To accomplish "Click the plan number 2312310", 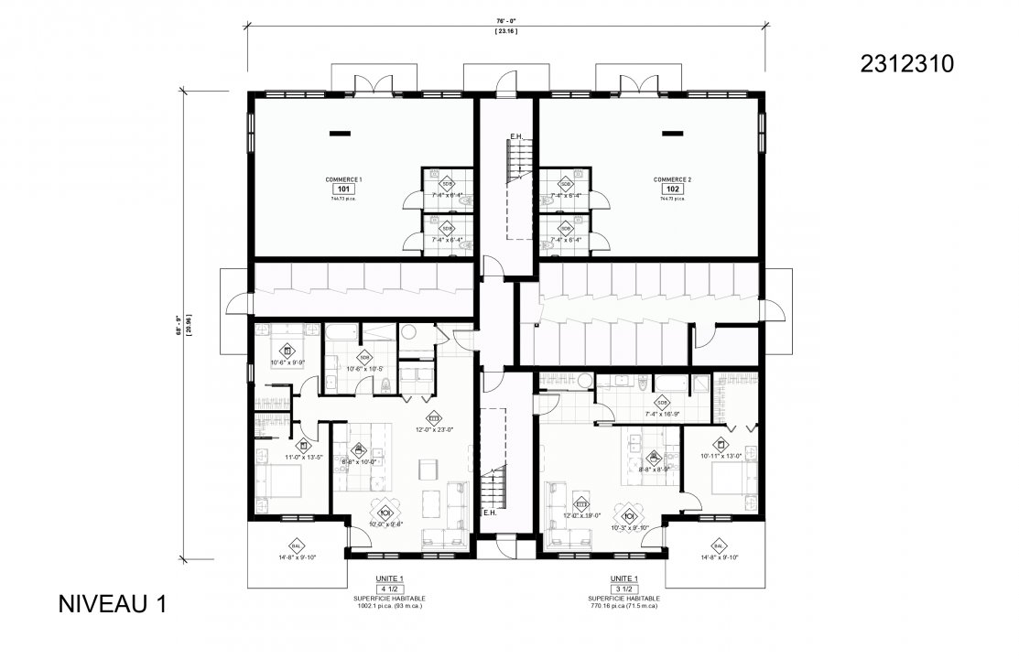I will pos(907,63).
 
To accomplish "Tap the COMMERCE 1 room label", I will pos(343,179).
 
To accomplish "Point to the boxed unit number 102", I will pos(672,189).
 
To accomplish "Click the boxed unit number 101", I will pos(343,189).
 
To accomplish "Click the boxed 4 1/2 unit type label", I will pos(389,589).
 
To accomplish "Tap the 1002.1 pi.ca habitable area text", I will pos(389,606).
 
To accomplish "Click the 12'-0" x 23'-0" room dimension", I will pos(434,429).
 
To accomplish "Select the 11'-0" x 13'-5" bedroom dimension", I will pos(303,457).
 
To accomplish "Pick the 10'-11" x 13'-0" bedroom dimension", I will pos(722,455).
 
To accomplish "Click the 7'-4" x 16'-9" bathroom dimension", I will pos(661,414).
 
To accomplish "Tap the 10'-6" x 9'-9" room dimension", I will pos(286,362).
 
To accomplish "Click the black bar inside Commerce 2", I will pos(672,134).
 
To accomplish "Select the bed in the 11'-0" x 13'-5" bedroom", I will pos(281,483).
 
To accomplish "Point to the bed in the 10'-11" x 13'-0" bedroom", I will pos(733,481).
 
